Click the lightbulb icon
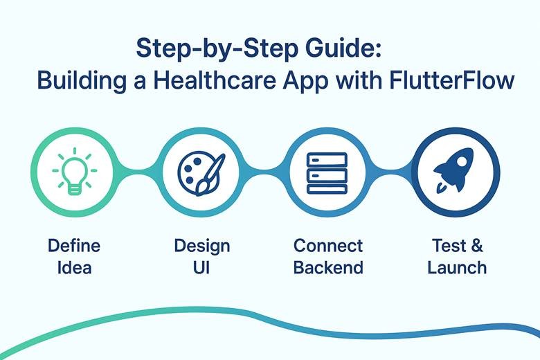[74, 172]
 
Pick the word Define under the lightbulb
[74, 246]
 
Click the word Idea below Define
[74, 267]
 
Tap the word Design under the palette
[201, 246]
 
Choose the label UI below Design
[201, 267]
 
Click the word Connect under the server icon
[327, 246]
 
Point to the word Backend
[327, 267]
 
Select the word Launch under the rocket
[457, 267]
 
